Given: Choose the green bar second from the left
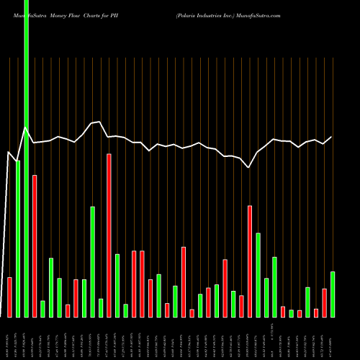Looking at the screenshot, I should pos(18,238).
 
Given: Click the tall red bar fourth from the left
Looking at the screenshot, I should pos(35,246).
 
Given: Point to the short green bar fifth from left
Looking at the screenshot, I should pos(42,308).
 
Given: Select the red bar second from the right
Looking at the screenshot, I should pos(324,302).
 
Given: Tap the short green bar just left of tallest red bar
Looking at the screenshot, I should pos(101,307).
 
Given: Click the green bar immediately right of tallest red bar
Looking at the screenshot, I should pos(117,285).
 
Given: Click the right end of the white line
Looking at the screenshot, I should pos(332,137).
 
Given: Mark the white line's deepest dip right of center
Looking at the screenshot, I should pos(249,168).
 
